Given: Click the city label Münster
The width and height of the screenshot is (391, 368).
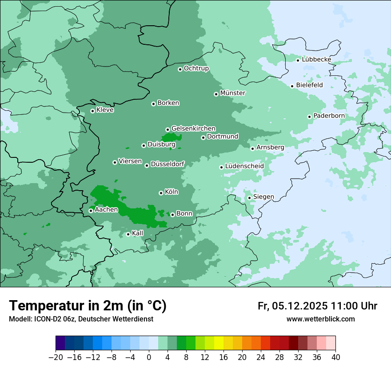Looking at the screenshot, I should (x=233, y=93).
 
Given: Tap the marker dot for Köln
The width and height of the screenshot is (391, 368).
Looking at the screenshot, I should (x=161, y=193).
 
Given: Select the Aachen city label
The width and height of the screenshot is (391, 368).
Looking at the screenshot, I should (x=106, y=210).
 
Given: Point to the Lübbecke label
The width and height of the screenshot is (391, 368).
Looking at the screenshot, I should (x=316, y=59).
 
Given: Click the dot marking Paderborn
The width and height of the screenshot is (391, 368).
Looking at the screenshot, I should (x=310, y=117).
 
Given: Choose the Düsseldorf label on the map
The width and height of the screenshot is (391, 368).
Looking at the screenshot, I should (x=168, y=164).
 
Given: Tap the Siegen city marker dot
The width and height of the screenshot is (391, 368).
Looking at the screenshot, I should (x=250, y=198).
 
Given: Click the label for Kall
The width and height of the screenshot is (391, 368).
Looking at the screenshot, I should (x=138, y=233).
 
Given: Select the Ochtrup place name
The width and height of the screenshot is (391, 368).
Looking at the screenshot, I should (x=196, y=68).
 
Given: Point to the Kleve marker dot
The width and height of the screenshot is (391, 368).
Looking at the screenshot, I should (x=93, y=111).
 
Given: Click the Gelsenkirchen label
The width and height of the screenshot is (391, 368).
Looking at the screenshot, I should (x=193, y=129).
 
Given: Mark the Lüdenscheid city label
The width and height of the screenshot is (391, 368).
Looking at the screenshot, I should (x=244, y=166).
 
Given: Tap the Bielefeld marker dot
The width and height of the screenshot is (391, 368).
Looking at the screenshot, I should (x=292, y=86).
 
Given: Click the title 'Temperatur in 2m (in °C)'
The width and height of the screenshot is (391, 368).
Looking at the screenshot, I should (x=88, y=305).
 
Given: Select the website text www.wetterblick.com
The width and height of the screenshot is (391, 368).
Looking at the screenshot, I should (x=320, y=319).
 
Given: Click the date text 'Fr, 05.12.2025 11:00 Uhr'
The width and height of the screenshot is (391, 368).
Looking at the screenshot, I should (x=317, y=306).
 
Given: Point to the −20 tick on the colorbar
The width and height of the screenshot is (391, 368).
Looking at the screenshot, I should (x=56, y=357).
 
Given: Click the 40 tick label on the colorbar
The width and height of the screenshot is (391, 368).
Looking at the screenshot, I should (x=335, y=357).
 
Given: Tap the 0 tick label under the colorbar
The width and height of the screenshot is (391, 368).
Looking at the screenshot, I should (x=149, y=357).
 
